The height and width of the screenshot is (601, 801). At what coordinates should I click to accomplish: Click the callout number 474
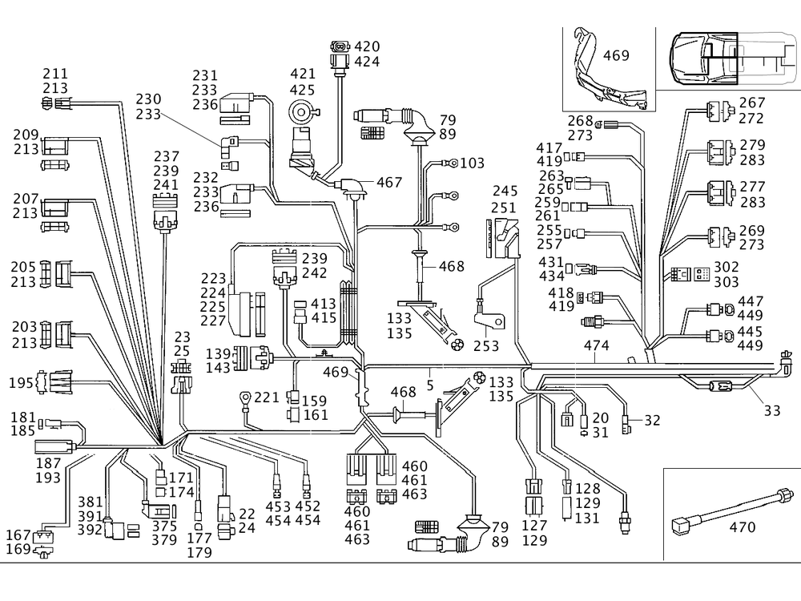(x=596, y=345)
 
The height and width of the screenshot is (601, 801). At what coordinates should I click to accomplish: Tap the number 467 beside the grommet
(x=389, y=183)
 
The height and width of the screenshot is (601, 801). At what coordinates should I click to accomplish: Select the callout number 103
(x=473, y=163)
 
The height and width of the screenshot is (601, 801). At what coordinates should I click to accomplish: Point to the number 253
(x=486, y=346)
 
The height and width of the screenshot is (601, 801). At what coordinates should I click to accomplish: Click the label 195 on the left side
(x=21, y=384)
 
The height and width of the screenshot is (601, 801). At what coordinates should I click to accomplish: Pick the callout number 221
(x=268, y=397)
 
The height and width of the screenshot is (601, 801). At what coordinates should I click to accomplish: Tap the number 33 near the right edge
(x=771, y=411)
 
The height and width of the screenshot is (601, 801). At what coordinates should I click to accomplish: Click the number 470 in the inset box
(x=743, y=527)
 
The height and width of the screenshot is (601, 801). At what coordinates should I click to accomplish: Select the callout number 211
(x=55, y=75)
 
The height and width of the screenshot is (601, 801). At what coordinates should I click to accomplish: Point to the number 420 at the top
(x=368, y=46)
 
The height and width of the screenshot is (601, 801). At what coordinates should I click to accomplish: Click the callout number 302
(x=727, y=266)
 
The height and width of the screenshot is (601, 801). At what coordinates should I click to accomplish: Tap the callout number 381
(x=91, y=502)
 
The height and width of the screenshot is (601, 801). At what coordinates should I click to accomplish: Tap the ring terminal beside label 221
(x=244, y=396)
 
